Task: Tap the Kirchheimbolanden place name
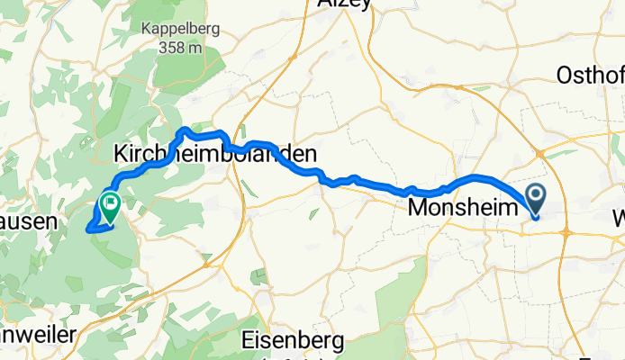pyautogui.click(x=216, y=154)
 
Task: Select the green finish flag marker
pyautogui.click(x=110, y=204)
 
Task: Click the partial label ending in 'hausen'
pyautogui.click(x=29, y=220)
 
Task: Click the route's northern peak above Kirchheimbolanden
pyautogui.click(x=186, y=130)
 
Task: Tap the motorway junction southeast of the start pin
pyautogui.click(x=566, y=232)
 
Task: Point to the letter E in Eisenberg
pyautogui.click(x=249, y=341)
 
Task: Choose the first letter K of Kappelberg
pyautogui.click(x=145, y=29)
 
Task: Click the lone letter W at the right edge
pyautogui.click(x=619, y=218)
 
